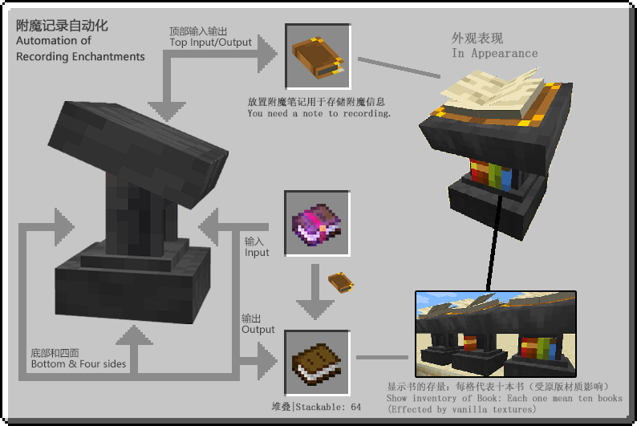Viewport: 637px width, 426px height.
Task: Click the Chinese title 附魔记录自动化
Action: point(62,25)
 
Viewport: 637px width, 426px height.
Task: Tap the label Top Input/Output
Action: point(210,43)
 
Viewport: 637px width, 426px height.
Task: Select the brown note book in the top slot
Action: point(317,55)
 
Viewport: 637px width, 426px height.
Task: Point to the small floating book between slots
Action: point(341,282)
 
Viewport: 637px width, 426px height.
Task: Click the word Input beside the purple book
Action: point(257,253)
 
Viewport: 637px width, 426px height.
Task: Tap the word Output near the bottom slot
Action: point(258,330)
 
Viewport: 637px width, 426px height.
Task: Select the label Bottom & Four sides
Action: point(79,363)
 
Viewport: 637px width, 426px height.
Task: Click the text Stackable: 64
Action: point(327,407)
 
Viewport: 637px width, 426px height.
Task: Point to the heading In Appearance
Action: point(494,53)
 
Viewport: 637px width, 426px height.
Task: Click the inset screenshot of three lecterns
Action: point(495,334)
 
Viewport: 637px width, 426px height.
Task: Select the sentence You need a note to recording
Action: point(319,114)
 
